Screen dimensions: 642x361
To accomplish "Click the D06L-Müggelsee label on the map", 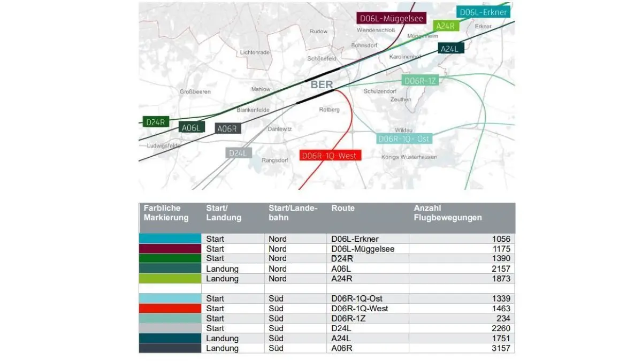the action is pyautogui.click(x=392, y=18).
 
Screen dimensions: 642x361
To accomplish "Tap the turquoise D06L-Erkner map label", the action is pyautogui.click(x=483, y=12).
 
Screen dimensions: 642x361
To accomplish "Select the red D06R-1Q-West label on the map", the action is pyautogui.click(x=330, y=155).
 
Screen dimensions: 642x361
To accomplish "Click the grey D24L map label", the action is pyautogui.click(x=239, y=153).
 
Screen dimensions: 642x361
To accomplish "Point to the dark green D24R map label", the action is pyautogui.click(x=156, y=122).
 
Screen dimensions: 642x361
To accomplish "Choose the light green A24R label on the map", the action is pyautogui.click(x=446, y=26).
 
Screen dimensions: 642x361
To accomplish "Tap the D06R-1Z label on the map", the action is pyautogui.click(x=420, y=81).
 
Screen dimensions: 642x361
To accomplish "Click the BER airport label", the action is pyautogui.click(x=322, y=85).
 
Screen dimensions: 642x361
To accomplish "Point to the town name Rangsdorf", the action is pyautogui.click(x=275, y=160).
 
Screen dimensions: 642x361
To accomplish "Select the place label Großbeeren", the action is pyautogui.click(x=195, y=91).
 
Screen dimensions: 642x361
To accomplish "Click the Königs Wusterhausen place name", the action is pyautogui.click(x=409, y=157).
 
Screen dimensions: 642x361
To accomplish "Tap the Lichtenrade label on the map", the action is pyautogui.click(x=255, y=52).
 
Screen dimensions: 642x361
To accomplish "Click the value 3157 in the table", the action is pyautogui.click(x=501, y=348).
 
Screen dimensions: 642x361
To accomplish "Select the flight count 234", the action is pyautogui.click(x=503, y=318).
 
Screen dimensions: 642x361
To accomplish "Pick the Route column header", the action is pyautogui.click(x=343, y=208).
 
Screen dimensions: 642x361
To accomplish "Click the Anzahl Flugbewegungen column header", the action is pyautogui.click(x=448, y=213).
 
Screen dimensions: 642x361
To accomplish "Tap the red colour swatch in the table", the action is pyautogui.click(x=170, y=308).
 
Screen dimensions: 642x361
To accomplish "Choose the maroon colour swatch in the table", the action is pyautogui.click(x=170, y=249).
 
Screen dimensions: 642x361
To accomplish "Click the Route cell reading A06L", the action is pyautogui.click(x=341, y=268).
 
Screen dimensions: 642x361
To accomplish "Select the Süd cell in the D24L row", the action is pyautogui.click(x=276, y=328).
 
